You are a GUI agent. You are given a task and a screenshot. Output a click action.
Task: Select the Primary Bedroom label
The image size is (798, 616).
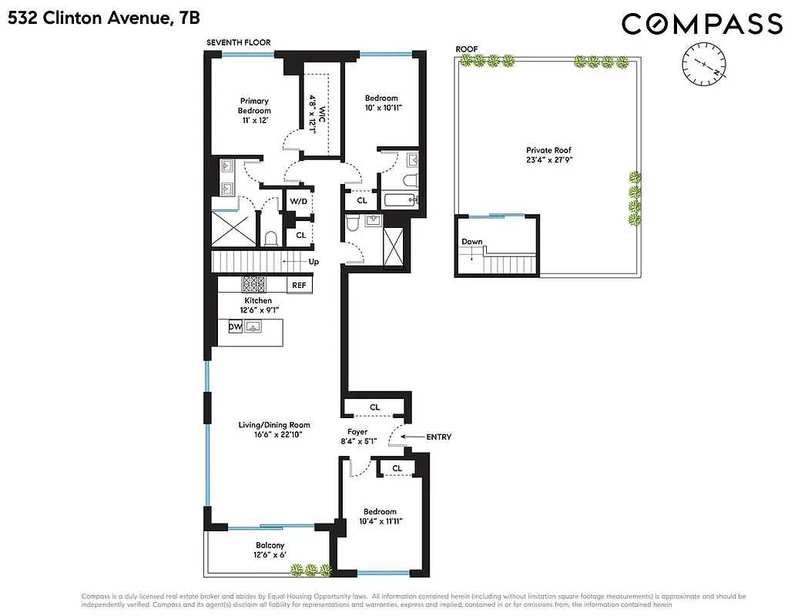pos(254,105)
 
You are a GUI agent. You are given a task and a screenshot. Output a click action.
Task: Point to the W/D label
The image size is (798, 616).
pos(299,201)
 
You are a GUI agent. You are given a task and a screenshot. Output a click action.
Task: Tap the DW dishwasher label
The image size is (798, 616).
pos(236,327)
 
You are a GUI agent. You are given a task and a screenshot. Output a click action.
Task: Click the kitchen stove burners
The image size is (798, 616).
pos(254,283)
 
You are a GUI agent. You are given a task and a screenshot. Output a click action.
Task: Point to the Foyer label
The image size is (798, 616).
pos(357,432)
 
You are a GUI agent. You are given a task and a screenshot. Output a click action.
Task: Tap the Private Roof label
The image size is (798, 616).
pos(548,150)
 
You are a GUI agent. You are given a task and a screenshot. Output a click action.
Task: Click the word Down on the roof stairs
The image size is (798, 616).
pos(472,242)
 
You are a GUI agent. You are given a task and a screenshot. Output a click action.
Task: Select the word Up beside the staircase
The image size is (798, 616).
pos(313,262)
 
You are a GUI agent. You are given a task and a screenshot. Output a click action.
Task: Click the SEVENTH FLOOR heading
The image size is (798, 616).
pos(238,43)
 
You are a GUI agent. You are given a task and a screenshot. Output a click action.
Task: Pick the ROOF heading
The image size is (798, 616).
pos(467,49)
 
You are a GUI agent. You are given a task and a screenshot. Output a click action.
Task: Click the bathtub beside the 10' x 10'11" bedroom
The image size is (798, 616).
pos(399,201)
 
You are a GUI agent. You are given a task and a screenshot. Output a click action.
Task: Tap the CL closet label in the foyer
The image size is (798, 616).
pos(374,407)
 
